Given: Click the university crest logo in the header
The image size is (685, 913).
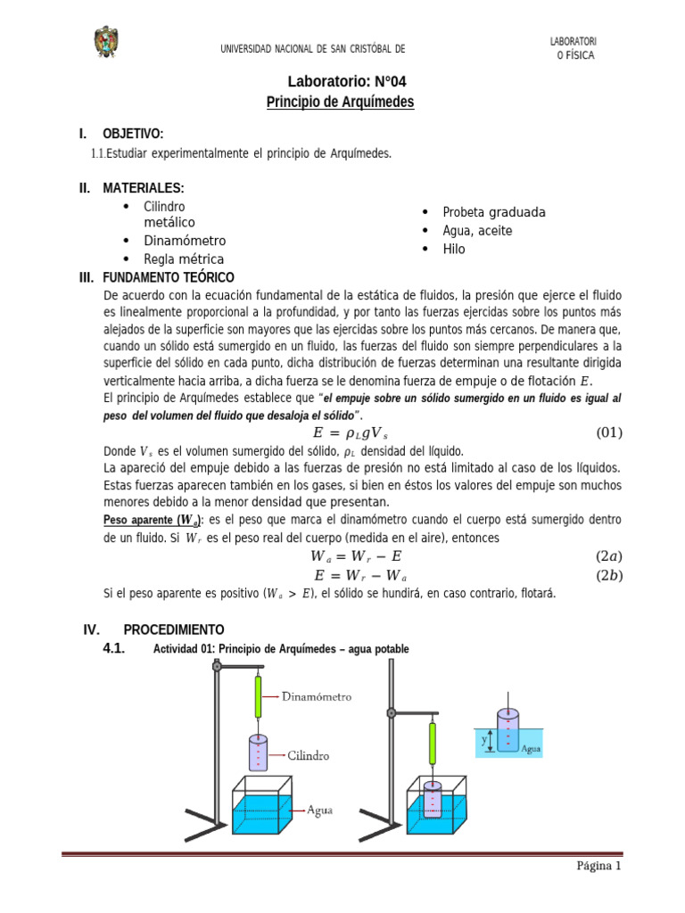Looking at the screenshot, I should [106, 42].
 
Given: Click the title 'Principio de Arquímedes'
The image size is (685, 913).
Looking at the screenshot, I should [341, 103].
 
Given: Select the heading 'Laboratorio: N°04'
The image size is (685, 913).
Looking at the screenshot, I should [341, 81].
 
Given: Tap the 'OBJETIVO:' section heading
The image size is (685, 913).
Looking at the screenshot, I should [133, 134].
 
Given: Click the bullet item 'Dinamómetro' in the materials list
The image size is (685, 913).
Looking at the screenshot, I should [185, 241].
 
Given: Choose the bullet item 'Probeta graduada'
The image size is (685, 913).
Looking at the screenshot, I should [494, 212].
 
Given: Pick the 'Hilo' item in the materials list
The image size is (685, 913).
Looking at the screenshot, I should [454, 249].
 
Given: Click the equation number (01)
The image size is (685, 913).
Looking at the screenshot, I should [608, 433].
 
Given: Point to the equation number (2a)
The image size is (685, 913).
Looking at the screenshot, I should [608, 556].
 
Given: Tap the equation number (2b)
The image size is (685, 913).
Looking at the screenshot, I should [608, 575].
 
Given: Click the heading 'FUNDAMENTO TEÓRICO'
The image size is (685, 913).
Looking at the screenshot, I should [169, 277].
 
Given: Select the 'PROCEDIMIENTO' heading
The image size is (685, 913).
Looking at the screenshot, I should [174, 629].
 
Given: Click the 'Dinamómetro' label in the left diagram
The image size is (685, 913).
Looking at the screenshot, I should [316, 696].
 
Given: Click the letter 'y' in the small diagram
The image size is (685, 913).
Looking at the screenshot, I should [483, 739].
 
